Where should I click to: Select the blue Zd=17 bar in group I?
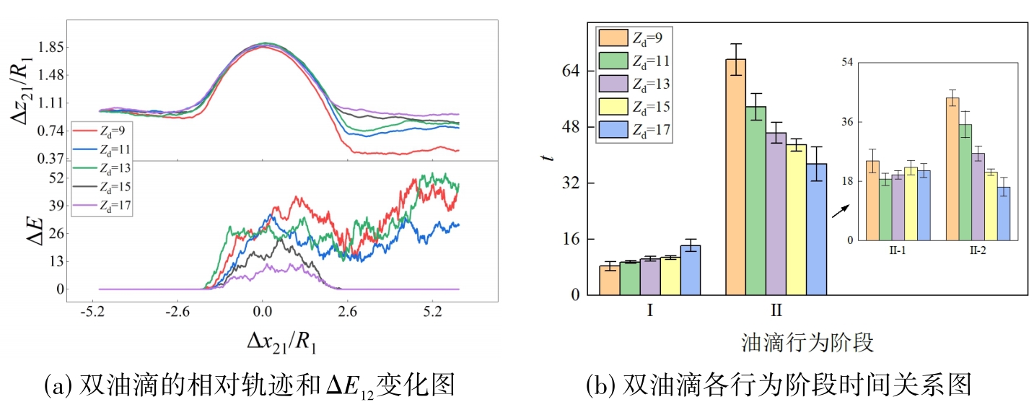click(690, 270)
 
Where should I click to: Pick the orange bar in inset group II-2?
click(952, 169)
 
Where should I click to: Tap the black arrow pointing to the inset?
click(840, 210)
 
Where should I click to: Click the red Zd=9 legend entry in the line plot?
click(101, 131)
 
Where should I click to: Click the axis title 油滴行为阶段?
click(807, 341)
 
